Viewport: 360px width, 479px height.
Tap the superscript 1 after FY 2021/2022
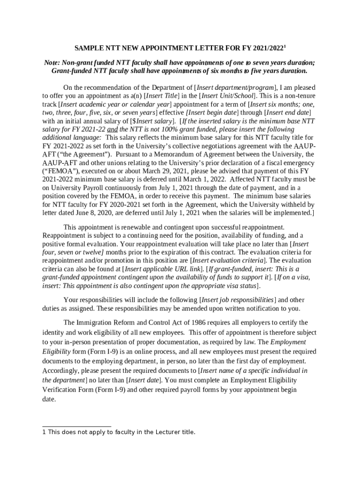pos(285,46)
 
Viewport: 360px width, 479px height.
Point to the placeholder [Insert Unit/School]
pos(228,95)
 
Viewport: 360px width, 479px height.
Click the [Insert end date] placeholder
pos(288,112)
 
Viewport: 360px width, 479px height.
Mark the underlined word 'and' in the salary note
pos(113,129)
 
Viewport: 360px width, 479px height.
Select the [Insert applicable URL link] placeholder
pos(163,269)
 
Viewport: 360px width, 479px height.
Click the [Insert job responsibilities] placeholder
pos(238,299)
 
